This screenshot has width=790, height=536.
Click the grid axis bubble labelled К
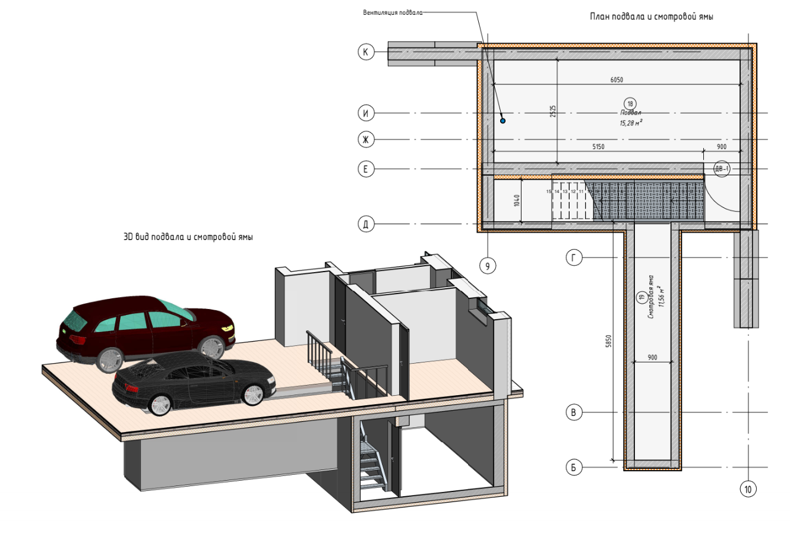tap(366, 52)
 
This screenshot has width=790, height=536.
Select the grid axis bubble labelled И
tap(366, 113)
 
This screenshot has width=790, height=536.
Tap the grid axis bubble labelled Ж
tap(366, 140)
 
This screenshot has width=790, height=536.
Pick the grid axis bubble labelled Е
tap(366, 169)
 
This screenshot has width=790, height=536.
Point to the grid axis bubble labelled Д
tap(366, 224)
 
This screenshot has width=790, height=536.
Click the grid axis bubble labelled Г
tap(574, 258)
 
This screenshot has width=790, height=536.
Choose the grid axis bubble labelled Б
tap(574, 468)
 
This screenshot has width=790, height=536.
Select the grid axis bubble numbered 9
tap(488, 266)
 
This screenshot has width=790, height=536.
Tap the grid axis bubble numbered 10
tap(748, 489)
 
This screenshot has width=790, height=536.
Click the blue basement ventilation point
tap(503, 121)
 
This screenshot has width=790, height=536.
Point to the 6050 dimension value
tap(617, 80)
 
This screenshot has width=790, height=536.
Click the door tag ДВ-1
tap(722, 169)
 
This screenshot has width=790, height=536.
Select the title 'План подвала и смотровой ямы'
tap(652, 17)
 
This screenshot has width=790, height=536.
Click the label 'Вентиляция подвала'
tap(393, 12)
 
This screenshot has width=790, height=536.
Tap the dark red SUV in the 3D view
tap(146, 330)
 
